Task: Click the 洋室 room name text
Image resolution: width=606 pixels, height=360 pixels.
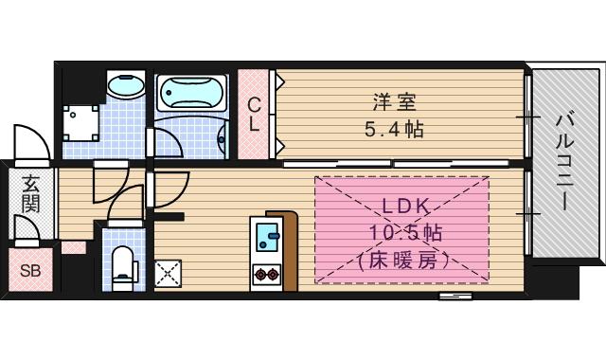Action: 394,100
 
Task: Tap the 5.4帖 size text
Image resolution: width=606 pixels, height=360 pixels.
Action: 394,129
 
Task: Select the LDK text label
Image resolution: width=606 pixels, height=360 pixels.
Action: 408,206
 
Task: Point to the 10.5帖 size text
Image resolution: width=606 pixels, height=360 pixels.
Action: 408,232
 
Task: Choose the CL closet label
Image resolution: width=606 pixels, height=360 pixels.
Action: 255,114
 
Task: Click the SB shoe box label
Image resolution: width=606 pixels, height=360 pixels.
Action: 30,268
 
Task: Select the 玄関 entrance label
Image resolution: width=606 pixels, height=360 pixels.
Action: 30,193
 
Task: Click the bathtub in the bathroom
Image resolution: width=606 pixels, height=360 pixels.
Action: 192,95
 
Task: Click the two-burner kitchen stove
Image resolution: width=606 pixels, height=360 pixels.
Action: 265,276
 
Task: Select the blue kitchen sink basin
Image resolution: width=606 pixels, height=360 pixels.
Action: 265,231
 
